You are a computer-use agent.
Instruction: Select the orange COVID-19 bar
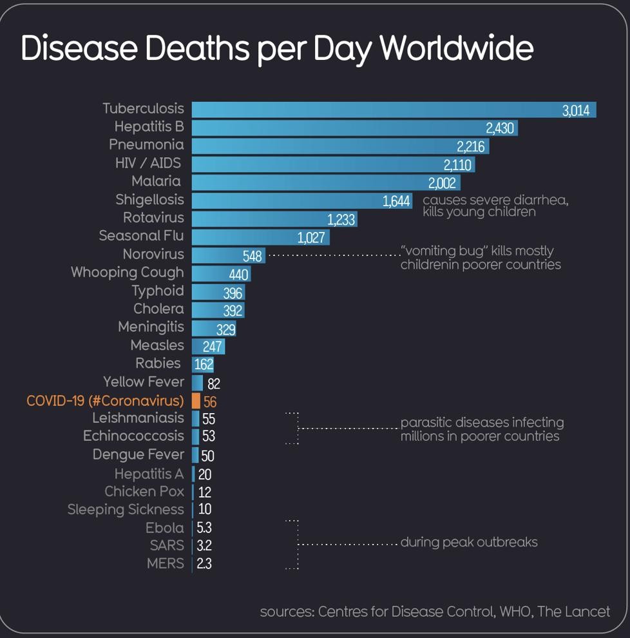tap(196, 401)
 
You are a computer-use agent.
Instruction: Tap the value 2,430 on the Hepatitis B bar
tap(500, 128)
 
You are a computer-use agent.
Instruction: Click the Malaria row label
tap(156, 182)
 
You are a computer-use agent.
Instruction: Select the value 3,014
tap(575, 110)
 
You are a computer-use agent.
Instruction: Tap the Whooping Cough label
tap(128, 273)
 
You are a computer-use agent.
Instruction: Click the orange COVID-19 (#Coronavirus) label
tap(105, 401)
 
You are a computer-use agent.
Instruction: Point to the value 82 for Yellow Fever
tap(214, 384)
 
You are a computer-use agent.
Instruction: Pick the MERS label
tap(166, 563)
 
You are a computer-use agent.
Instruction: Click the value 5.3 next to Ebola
tap(204, 528)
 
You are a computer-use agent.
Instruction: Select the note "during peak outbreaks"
tap(469, 542)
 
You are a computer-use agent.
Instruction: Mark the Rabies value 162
tap(204, 365)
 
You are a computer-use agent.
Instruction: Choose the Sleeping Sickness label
tap(126, 510)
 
